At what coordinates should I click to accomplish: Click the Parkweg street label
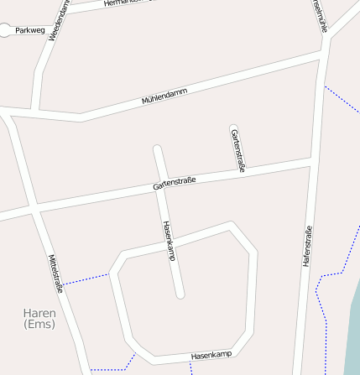(x=29, y=30)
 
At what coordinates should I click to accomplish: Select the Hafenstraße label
(x=307, y=246)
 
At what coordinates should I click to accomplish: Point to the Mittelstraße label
(x=56, y=273)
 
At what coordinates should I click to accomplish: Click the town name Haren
(x=39, y=313)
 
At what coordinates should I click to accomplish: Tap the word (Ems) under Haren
(x=39, y=324)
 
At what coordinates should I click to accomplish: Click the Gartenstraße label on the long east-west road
(x=175, y=184)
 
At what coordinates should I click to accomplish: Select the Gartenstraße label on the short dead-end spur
(x=237, y=151)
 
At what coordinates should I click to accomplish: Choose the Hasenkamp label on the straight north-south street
(x=169, y=241)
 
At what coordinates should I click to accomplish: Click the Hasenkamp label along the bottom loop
(x=211, y=356)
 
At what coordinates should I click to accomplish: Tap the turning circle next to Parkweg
(x=6, y=30)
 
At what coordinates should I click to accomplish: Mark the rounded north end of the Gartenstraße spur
(x=233, y=128)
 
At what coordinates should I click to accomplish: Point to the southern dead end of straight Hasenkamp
(x=180, y=294)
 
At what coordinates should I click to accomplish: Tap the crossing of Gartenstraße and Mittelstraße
(x=33, y=210)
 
